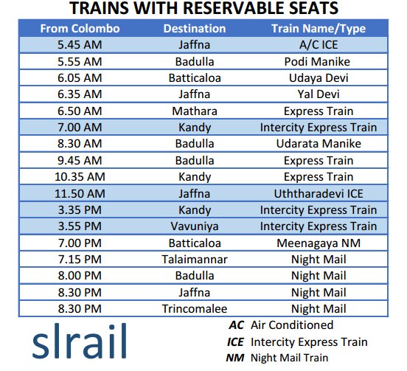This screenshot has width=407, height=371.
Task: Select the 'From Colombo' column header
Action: coord(79,29)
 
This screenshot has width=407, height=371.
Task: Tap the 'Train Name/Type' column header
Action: coord(318,29)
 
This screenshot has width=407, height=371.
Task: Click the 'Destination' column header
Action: coord(195,29)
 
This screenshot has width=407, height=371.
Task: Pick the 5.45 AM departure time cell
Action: coord(79,45)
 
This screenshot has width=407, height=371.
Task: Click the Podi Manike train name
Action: coord(318,61)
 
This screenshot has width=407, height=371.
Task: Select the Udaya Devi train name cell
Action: coord(318,77)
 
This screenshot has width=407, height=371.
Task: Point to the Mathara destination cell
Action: coord(195,111)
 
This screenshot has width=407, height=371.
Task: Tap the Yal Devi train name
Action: coord(318,94)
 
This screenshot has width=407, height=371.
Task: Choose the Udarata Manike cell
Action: coord(318,143)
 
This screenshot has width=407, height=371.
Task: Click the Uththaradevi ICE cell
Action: coord(318,193)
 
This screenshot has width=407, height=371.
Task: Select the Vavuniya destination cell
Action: coord(195,226)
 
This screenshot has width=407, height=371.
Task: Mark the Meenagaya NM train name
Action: coord(318,243)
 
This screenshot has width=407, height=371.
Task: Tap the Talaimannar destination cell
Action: coord(195,259)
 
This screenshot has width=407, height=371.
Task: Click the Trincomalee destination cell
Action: coord(195,308)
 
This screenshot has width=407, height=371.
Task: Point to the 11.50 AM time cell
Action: coord(79,193)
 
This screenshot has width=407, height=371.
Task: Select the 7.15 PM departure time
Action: coord(79,259)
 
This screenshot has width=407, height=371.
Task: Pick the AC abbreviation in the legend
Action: coord(236,325)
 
